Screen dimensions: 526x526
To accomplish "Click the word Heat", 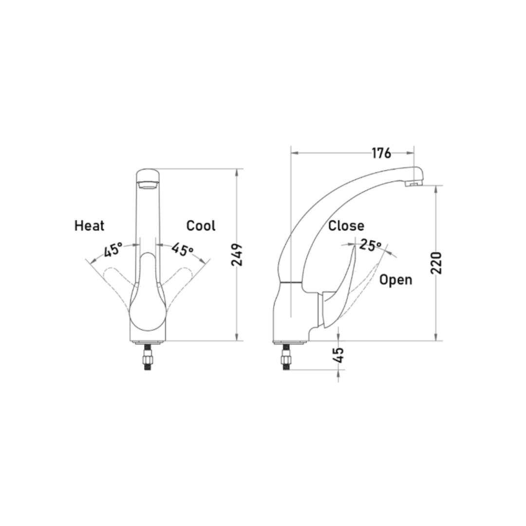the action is tap(89, 225).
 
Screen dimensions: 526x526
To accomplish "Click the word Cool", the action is tap(201, 225).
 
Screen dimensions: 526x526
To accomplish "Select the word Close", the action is tap(346, 225).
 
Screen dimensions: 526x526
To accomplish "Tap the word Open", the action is tap(395, 280).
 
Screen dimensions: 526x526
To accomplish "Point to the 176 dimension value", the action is tap(381, 153).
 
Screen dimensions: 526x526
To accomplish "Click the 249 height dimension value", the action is tap(237, 255).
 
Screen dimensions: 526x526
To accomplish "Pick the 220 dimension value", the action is tap(436, 263).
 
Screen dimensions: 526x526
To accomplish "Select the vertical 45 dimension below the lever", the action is tap(339, 355).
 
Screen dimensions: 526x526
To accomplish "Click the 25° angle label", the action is tap(371, 245).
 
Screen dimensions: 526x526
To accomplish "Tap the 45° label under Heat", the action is tap(113, 249).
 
